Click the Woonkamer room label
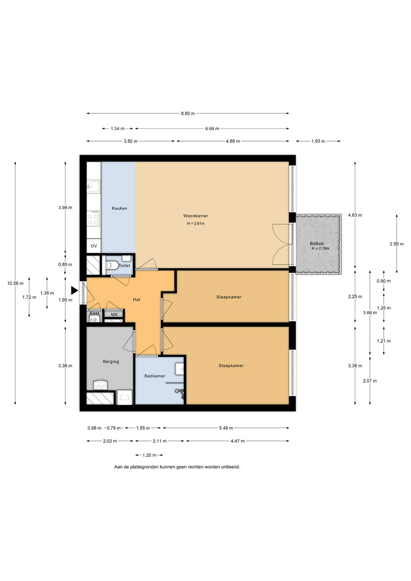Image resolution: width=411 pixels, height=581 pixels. [196, 216]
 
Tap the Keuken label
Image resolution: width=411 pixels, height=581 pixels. [119, 208]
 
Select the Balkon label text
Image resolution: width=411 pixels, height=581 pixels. [317, 243]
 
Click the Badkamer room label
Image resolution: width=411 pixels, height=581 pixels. [155, 376]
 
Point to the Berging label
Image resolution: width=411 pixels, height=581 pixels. [111, 361]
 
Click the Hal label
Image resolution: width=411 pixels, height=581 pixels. [136, 299]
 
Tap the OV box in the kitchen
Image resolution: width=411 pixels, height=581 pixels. [94, 246]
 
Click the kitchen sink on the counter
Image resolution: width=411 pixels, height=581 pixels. [94, 186]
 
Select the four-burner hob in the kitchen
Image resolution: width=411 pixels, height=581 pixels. [93, 218]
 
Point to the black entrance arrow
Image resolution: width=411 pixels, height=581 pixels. [74, 290]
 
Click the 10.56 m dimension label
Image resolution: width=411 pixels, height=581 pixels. [15, 283]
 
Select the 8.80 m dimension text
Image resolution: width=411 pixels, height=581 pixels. [188, 113]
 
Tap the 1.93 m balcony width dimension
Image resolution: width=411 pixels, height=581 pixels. [318, 141]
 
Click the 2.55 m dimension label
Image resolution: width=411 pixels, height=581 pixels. [396, 244]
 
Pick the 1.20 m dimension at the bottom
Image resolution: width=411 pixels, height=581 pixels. [149, 455]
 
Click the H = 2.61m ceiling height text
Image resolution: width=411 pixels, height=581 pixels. [196, 224]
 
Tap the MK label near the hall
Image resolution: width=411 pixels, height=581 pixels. [114, 314]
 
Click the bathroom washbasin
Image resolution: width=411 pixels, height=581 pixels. [179, 369]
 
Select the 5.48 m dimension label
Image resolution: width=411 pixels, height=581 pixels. [226, 428]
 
